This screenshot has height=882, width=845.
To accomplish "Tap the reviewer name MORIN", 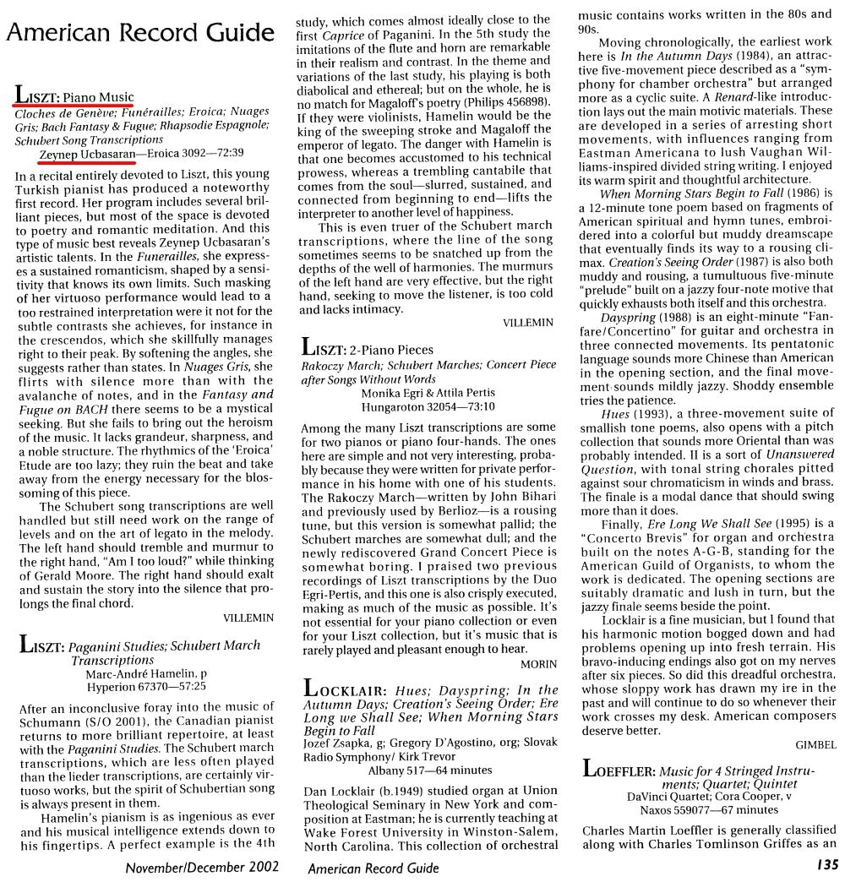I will pyautogui.click(x=538, y=664).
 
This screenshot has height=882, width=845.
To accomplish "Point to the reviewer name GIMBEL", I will pyautogui.click(x=815, y=744).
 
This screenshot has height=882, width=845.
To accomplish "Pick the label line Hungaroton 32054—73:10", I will pyautogui.click(x=428, y=406).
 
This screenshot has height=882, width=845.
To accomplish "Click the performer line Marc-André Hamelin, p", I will pyautogui.click(x=146, y=673).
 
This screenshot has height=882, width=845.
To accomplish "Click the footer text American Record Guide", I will pyautogui.click(x=373, y=868).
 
